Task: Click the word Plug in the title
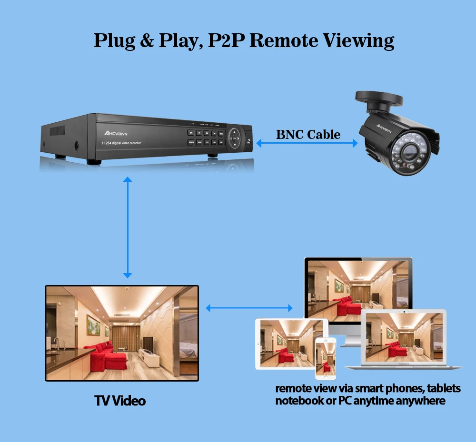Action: (114, 40)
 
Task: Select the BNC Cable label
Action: (308, 134)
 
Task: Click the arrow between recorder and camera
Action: (307, 143)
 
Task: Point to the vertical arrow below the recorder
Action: (127, 227)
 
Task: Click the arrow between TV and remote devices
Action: (249, 308)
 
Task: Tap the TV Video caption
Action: (120, 401)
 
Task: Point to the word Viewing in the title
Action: (359, 40)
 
